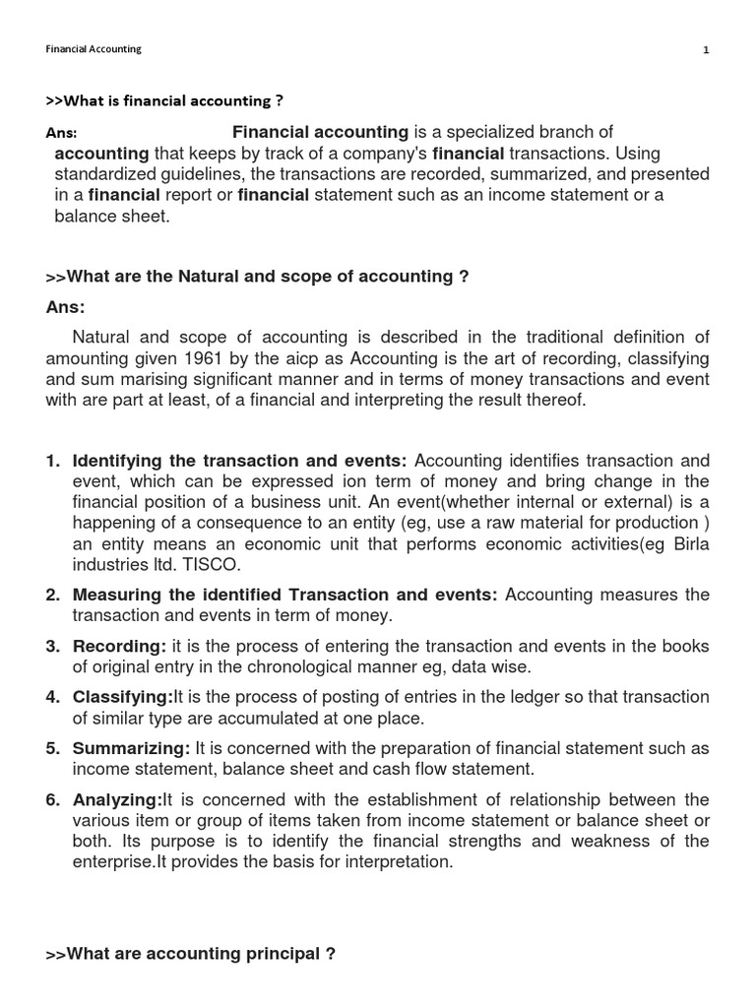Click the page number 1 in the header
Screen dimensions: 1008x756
click(706, 50)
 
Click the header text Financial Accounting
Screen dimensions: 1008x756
click(94, 49)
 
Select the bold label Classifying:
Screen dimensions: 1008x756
click(124, 697)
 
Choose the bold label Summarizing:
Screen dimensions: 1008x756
click(132, 748)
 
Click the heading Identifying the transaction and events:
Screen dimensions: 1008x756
click(240, 461)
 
